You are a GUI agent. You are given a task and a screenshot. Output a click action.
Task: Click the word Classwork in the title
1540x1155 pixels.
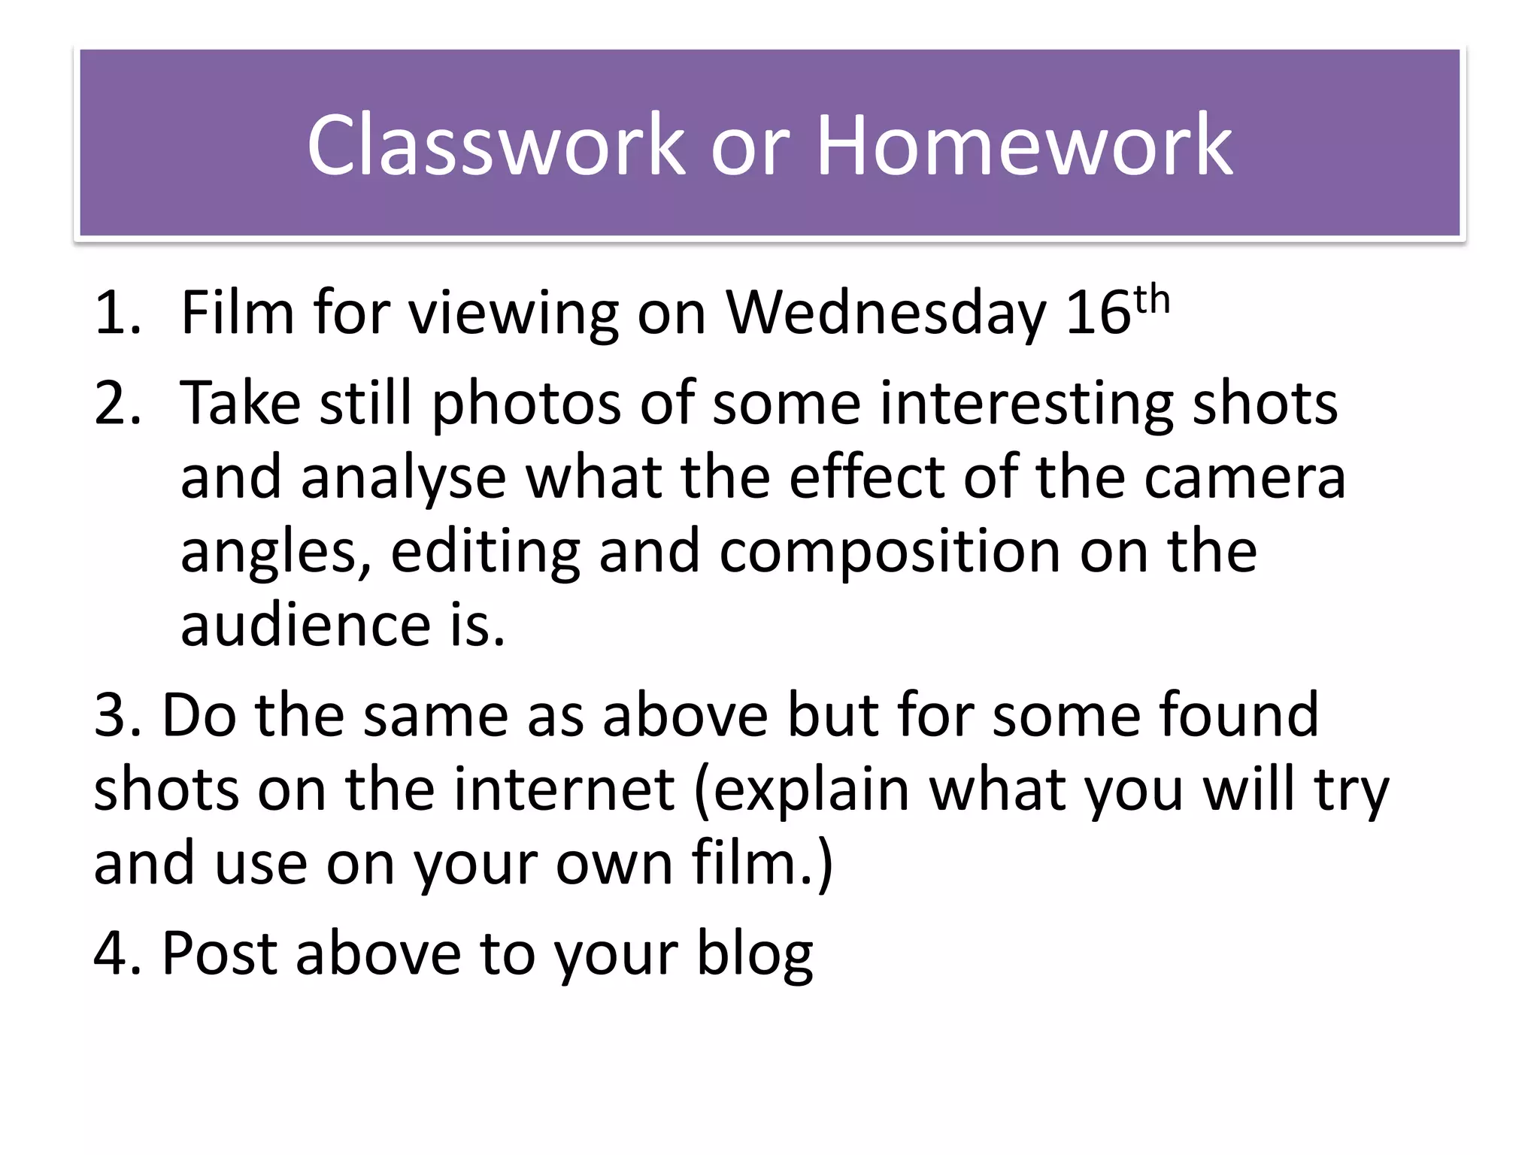point(496,144)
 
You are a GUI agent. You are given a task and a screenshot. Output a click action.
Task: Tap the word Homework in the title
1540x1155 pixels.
point(1024,144)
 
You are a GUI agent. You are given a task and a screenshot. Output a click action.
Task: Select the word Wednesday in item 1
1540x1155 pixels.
point(885,313)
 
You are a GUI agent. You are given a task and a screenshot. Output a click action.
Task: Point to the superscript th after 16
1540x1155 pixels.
point(1151,300)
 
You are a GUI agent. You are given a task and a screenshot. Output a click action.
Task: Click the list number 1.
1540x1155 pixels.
point(117,313)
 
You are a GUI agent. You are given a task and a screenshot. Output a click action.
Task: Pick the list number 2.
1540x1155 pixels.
point(117,403)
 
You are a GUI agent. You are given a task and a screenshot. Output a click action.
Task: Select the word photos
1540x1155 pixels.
point(526,405)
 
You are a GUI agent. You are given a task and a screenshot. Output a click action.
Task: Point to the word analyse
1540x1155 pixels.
point(404,478)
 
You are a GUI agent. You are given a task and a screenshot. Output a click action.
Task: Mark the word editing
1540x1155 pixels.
point(485,552)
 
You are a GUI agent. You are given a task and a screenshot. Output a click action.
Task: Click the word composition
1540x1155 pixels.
point(890,552)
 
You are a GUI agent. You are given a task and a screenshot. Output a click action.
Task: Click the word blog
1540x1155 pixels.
point(754,953)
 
